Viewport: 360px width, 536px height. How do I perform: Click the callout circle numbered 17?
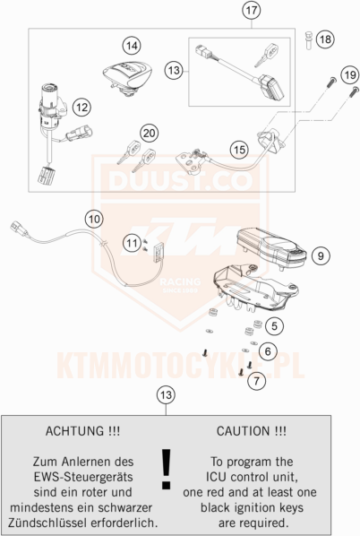tap(251, 12)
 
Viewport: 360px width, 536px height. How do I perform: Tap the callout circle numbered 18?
tap(324, 39)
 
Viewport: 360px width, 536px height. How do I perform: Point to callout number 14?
tap(132, 44)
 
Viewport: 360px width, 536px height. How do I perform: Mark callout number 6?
tap(269, 351)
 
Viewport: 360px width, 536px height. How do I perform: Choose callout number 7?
tap(258, 380)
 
